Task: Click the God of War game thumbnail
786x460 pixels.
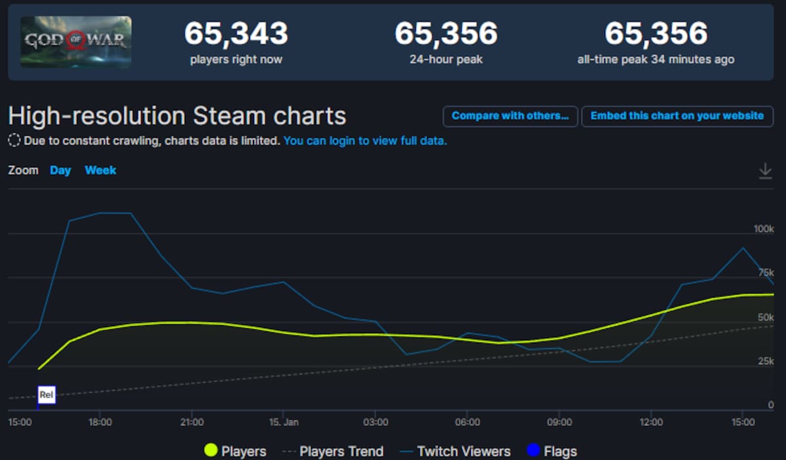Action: (x=76, y=42)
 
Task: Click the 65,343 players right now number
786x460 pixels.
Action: (x=236, y=33)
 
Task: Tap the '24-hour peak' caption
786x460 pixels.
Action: (x=446, y=60)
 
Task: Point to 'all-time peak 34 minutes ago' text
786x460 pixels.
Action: (x=656, y=60)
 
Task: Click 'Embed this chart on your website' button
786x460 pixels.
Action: (x=677, y=116)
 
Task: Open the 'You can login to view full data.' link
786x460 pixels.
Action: (x=365, y=141)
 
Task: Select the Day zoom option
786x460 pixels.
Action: (x=60, y=170)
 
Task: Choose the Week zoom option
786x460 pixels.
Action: (x=100, y=170)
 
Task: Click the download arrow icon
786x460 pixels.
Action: (x=765, y=171)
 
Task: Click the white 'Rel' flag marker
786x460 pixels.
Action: (x=47, y=394)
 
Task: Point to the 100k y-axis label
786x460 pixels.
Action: (x=764, y=229)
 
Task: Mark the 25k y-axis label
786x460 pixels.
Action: (x=766, y=361)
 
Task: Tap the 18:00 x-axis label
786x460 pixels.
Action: (x=100, y=422)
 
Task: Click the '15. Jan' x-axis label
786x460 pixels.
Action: (x=284, y=422)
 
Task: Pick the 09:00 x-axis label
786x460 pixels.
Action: (x=559, y=422)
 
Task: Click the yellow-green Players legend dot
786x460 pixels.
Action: (x=211, y=450)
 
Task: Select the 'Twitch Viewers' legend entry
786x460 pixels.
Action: (x=455, y=451)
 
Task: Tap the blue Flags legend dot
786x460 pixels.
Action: (x=533, y=450)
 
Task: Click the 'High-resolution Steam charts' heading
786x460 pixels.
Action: (x=178, y=116)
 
